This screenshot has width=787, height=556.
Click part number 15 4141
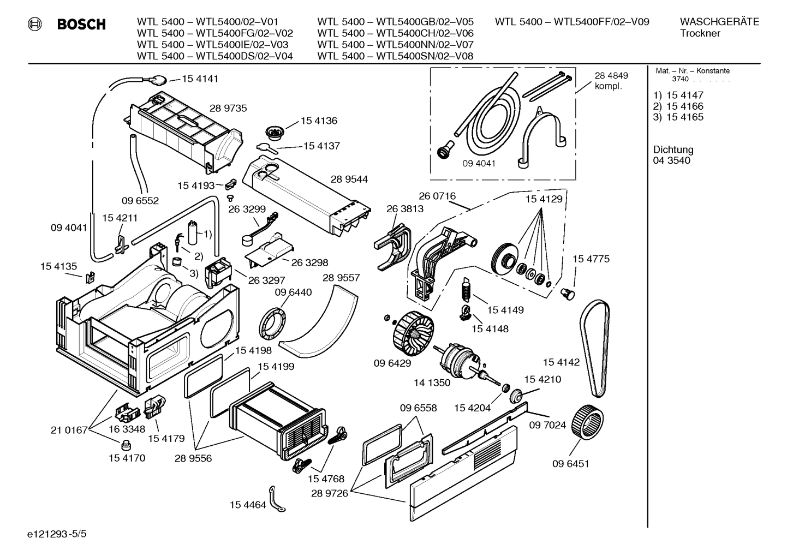tap(200, 79)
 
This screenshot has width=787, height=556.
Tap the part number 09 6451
tap(570, 464)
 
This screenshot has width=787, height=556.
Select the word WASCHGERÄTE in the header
tap(719, 22)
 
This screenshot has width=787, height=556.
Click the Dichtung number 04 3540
tap(671, 160)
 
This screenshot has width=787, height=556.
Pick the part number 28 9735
tap(228, 108)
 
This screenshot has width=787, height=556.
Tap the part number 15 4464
tap(248, 505)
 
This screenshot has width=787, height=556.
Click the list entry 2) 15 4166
tap(678, 106)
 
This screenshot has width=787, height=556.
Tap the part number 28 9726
tap(329, 493)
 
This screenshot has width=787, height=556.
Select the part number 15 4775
tap(591, 259)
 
